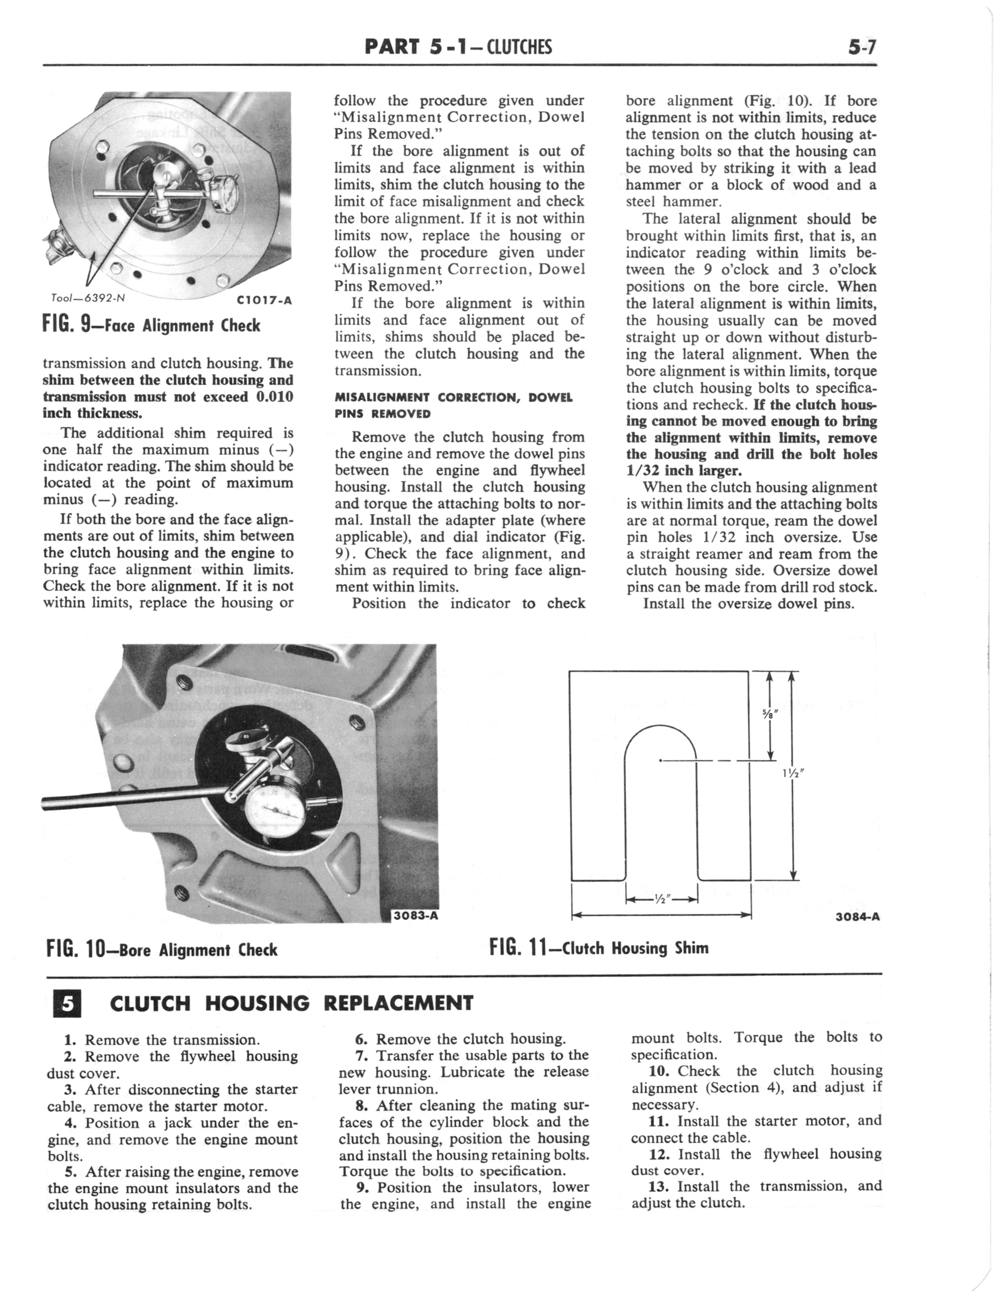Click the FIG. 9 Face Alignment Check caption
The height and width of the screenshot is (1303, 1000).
[151, 325]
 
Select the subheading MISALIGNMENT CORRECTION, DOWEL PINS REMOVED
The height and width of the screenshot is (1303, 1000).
[454, 405]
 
